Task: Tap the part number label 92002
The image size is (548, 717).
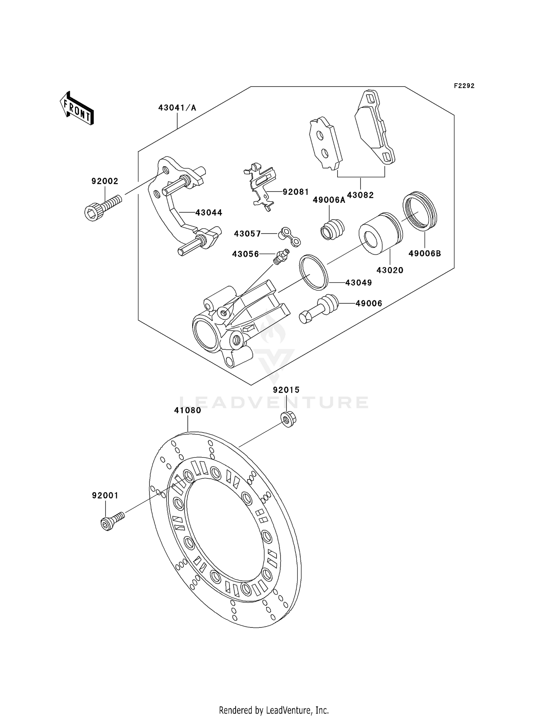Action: point(105,181)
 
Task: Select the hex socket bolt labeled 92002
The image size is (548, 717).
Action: point(102,207)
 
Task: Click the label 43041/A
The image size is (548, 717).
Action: point(177,108)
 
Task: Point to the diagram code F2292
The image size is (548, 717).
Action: point(464,86)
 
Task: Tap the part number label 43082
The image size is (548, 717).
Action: point(360,195)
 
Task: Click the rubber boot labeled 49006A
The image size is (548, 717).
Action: point(332,229)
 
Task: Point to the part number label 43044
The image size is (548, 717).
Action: point(209,213)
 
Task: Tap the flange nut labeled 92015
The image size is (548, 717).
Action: point(288,419)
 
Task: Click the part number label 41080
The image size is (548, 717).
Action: point(187,410)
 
